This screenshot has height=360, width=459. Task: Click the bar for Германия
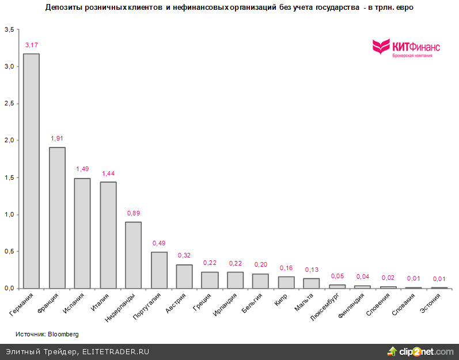click(x=31, y=171)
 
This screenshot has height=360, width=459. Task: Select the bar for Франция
click(x=57, y=218)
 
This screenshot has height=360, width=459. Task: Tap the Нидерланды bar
click(x=133, y=255)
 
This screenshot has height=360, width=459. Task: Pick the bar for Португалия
click(x=159, y=270)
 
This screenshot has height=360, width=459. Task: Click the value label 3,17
click(x=32, y=45)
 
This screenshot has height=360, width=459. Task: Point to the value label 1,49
click(x=82, y=169)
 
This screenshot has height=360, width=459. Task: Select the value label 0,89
click(x=133, y=213)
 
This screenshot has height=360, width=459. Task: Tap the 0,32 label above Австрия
click(x=184, y=255)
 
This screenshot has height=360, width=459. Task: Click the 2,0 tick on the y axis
click(x=9, y=141)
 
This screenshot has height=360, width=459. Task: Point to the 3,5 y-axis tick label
click(x=9, y=29)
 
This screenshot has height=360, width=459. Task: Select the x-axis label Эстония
click(x=431, y=304)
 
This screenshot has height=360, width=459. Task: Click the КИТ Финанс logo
click(x=405, y=48)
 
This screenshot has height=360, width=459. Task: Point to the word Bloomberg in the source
click(x=63, y=334)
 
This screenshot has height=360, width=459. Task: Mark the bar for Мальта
click(x=311, y=283)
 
